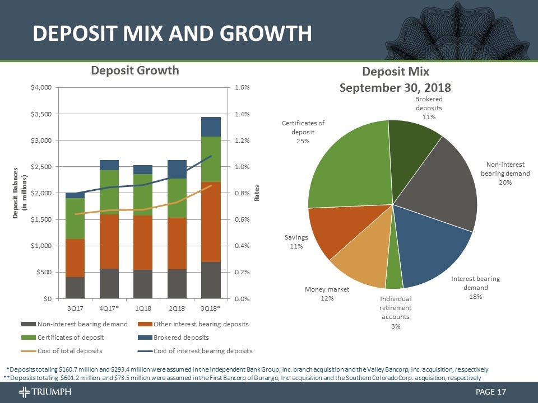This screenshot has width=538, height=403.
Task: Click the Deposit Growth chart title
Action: [x=135, y=70]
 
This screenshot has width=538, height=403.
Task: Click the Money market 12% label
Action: [x=327, y=294]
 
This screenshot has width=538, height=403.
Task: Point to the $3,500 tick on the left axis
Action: [x=42, y=114]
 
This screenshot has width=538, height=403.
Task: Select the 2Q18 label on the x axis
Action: [x=177, y=308]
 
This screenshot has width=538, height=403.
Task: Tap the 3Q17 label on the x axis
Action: [x=76, y=308]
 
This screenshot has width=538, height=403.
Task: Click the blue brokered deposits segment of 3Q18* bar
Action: [x=211, y=126]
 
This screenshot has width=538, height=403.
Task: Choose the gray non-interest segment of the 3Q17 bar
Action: [x=76, y=287]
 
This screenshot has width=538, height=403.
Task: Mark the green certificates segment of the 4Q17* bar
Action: [x=109, y=192]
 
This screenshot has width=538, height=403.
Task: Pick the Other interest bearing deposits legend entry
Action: [x=193, y=324]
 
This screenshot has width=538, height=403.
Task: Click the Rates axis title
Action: [x=257, y=193]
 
